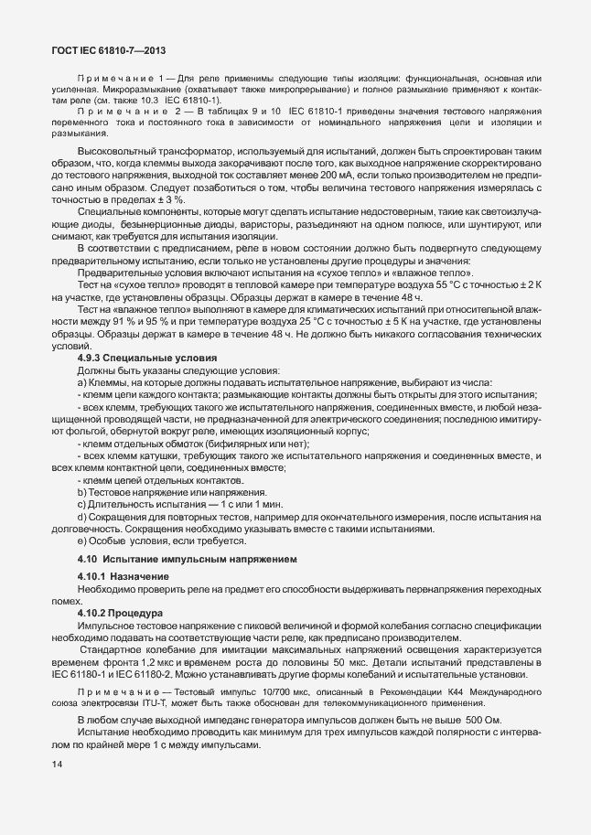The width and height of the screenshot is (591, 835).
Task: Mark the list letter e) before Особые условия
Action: pos(82,541)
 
